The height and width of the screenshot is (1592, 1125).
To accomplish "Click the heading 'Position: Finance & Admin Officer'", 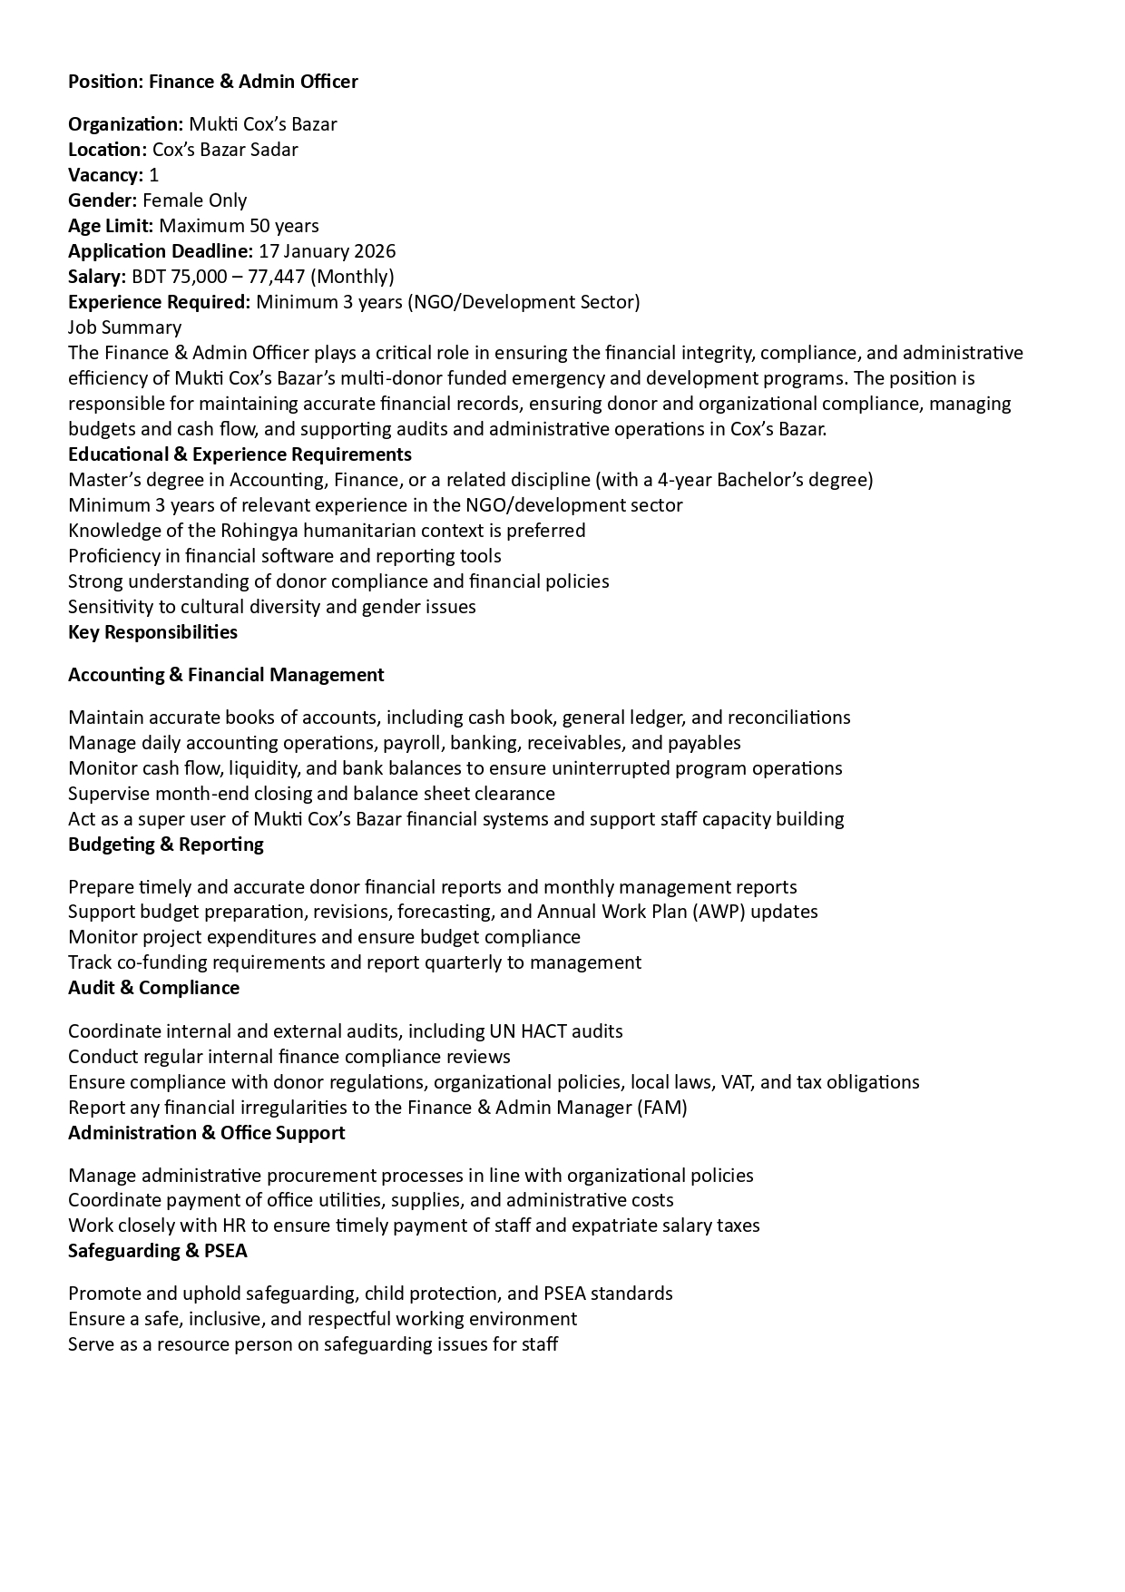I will tap(213, 82).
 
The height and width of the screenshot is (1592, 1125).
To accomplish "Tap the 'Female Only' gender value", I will tap(194, 200).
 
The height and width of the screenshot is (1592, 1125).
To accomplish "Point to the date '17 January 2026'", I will tap(327, 251).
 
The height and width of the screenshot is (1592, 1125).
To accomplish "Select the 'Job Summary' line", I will tap(124, 327).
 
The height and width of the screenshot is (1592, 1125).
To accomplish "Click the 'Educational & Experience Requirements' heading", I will tap(240, 454).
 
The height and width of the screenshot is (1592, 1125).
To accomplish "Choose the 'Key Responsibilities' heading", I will tap(152, 632).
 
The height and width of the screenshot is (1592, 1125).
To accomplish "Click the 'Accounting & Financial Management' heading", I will tap(226, 675).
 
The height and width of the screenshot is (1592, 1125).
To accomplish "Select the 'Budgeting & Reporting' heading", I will tap(166, 845).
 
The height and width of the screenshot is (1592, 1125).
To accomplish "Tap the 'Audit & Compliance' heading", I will tap(153, 988).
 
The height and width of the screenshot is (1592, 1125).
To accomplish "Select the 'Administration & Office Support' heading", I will tap(206, 1133).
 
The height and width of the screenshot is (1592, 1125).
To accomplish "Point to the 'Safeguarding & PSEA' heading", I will tap(157, 1251).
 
